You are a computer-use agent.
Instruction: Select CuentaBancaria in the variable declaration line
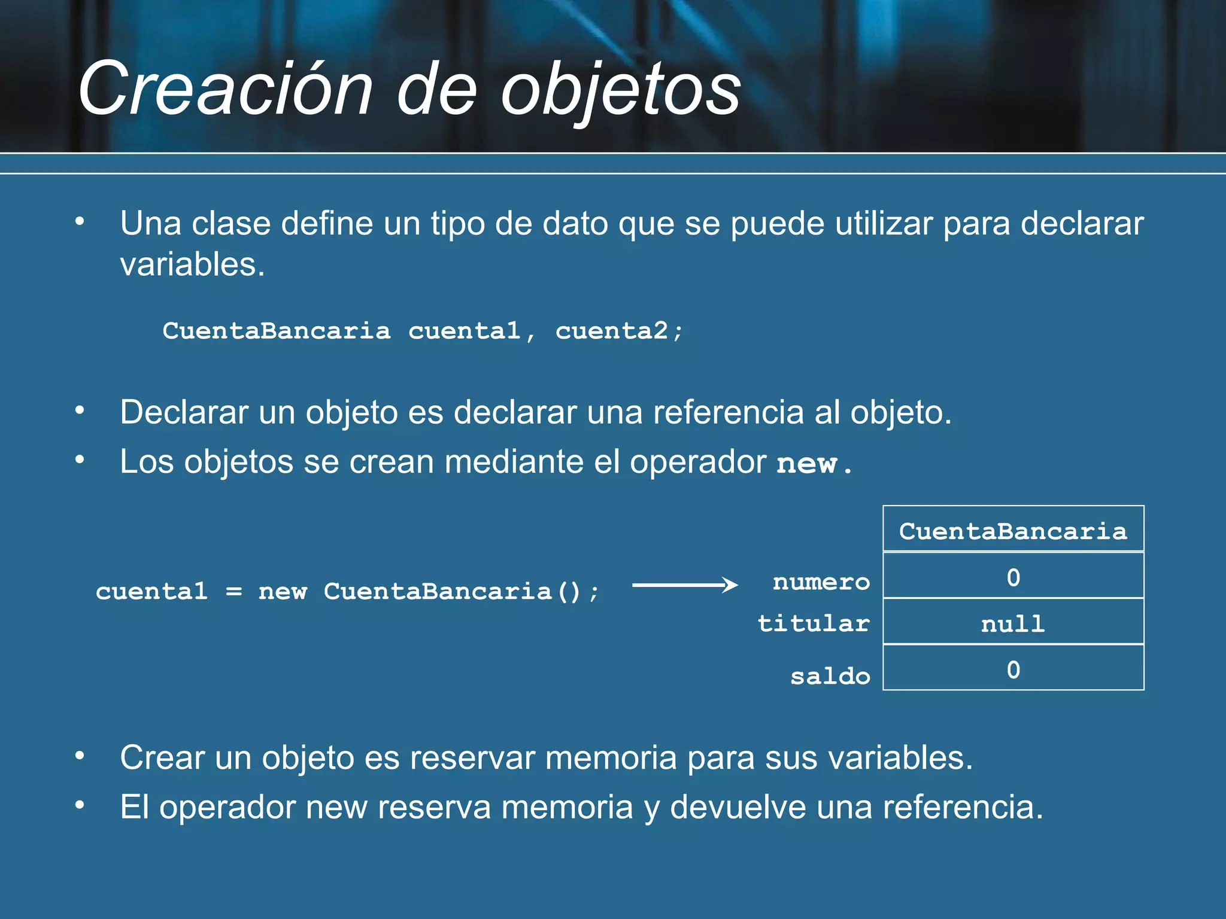276,331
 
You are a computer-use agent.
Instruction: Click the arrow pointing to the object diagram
685,585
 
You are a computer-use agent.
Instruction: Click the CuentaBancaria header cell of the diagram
1013,531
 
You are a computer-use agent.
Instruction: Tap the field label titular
814,623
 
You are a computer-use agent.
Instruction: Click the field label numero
821,582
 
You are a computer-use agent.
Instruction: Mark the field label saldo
830,676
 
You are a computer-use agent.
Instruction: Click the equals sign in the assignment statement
233,592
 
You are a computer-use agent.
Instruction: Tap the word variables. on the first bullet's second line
192,264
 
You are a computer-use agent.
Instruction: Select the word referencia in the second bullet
728,412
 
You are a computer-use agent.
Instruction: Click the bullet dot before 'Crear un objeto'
80,756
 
